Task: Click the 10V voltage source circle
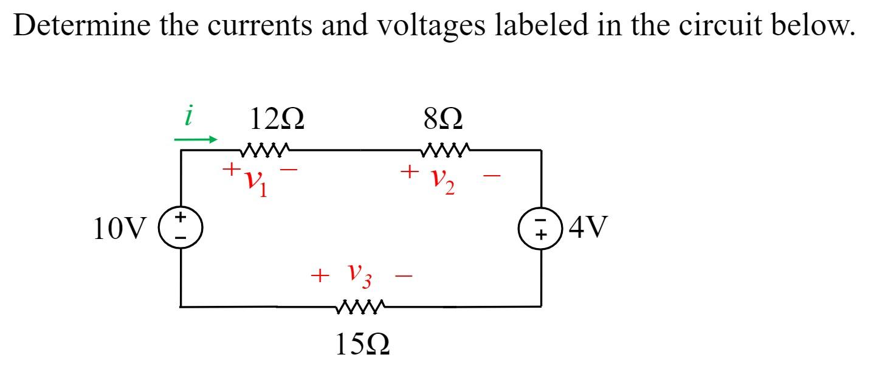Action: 181,229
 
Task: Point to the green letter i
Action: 189,116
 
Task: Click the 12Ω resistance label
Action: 277,119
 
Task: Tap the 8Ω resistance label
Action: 445,119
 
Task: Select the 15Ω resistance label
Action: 362,345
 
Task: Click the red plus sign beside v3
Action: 318,276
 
